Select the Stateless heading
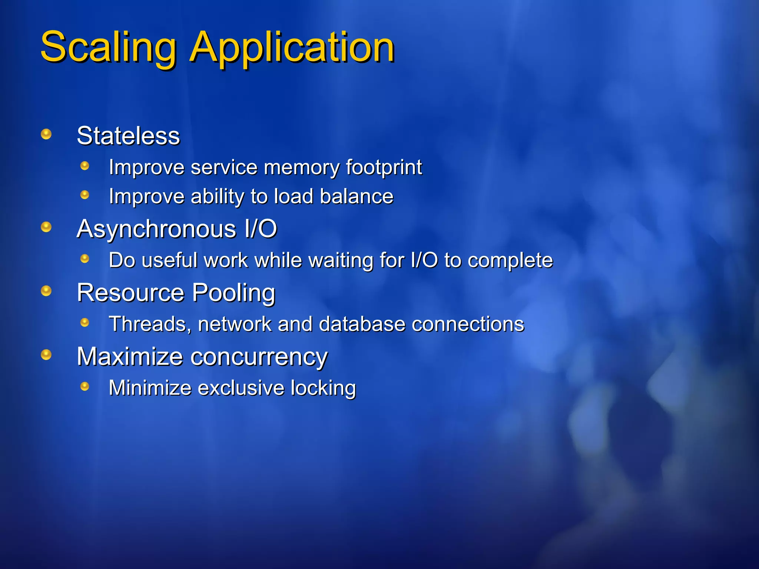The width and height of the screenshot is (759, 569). [x=128, y=136]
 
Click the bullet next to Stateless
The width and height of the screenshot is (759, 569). [x=46, y=134]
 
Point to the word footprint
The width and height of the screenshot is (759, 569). [x=384, y=167]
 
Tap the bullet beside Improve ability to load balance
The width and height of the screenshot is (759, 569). [x=85, y=195]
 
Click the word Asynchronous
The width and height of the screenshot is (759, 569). [x=156, y=229]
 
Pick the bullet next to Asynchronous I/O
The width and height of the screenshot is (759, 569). [x=46, y=227]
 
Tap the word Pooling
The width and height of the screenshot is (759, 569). [x=233, y=293]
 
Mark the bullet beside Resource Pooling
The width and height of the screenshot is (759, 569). [x=46, y=291]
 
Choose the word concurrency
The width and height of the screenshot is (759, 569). [x=259, y=357]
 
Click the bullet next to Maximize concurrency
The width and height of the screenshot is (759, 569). [x=46, y=355]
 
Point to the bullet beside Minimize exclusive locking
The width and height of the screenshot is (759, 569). [x=85, y=387]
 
